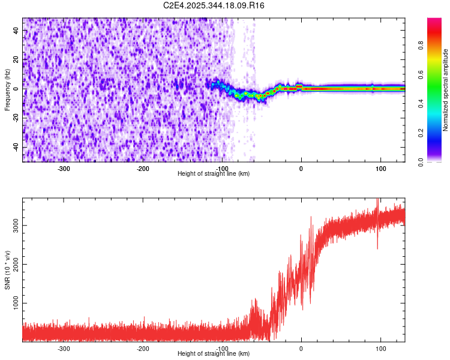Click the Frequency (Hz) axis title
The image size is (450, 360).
[7, 89]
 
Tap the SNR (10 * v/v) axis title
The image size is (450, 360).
[7, 270]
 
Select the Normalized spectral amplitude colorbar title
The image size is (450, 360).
[446, 90]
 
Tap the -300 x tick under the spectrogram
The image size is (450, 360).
[64, 169]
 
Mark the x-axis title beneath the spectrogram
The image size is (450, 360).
[214, 174]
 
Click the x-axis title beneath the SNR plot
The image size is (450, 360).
[214, 354]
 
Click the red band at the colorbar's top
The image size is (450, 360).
[434, 24]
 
